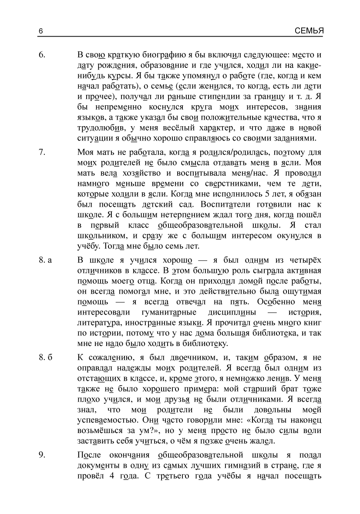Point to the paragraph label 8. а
(x=45, y=260)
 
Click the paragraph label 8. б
(x=45, y=358)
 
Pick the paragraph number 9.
(x=42, y=455)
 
